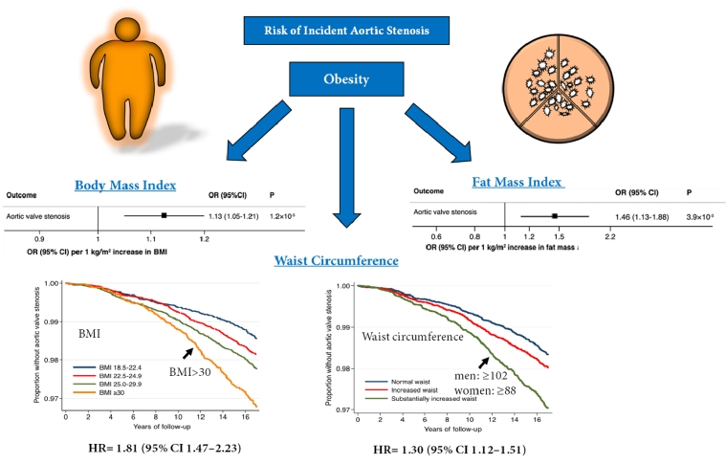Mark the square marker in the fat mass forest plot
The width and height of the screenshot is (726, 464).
pyautogui.click(x=554, y=216)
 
